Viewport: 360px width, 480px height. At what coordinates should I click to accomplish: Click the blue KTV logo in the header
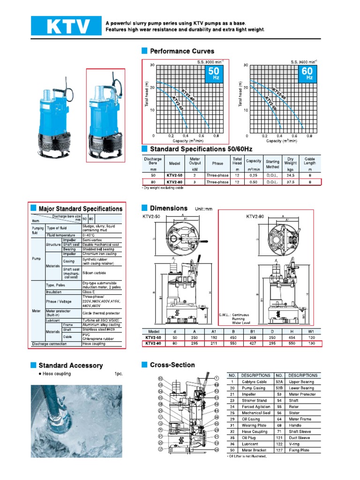coord(66,26)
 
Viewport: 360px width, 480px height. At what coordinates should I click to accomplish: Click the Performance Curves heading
coord(181,51)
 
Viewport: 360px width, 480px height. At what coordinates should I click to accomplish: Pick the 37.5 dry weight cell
coord(290,183)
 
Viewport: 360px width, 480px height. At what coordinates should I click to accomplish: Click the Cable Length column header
coord(310,161)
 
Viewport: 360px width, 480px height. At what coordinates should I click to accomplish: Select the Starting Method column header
coord(272,164)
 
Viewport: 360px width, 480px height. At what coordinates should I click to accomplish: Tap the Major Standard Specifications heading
coord(80,209)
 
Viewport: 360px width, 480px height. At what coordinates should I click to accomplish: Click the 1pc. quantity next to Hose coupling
coord(118,374)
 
